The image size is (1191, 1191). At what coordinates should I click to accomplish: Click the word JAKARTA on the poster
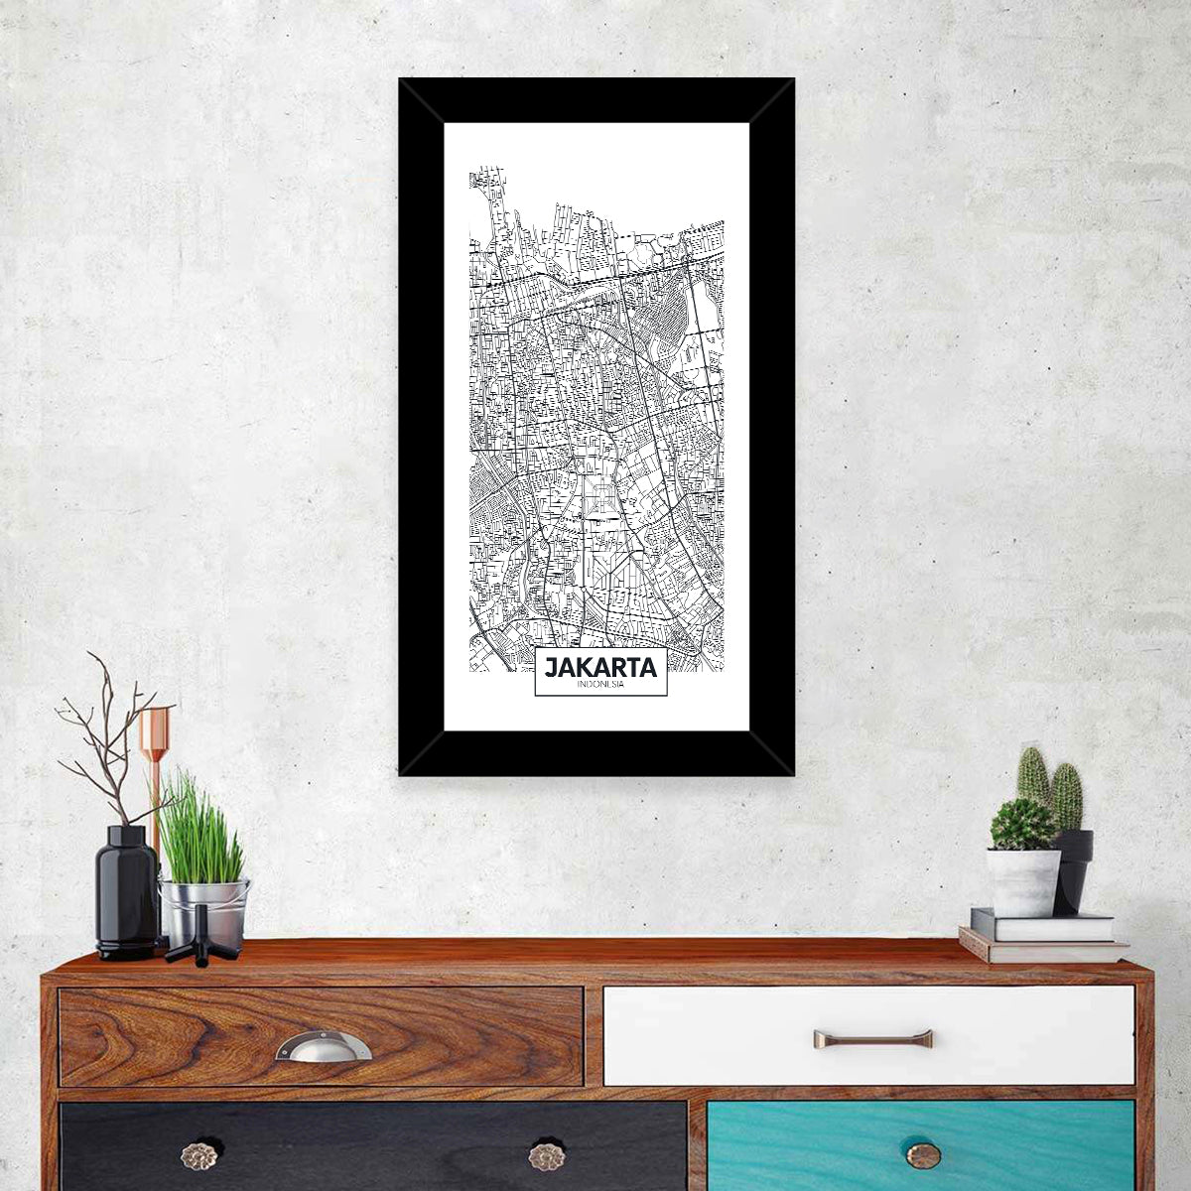pos(600,667)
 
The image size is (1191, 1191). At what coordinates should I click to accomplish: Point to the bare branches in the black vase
pos(104,734)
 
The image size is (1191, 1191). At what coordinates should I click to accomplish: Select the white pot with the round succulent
pos(1022,880)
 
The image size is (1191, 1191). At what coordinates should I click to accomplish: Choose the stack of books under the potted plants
pos(1042,938)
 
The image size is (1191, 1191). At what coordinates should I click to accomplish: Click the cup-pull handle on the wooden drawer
pos(323,1046)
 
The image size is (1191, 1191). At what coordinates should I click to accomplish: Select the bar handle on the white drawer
pos(872,1039)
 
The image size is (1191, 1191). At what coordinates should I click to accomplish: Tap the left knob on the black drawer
pos(198,1155)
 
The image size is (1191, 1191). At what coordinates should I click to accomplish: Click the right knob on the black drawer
pos(546,1155)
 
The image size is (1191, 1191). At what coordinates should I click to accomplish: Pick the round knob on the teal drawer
pos(923,1154)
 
